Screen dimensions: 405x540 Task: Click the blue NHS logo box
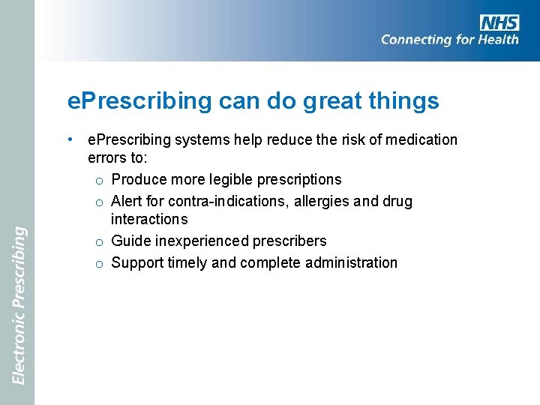[499, 22]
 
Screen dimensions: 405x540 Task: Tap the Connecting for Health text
[449, 40]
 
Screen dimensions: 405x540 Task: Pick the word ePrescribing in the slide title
[139, 101]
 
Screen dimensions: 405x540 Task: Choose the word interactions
[149, 219]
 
